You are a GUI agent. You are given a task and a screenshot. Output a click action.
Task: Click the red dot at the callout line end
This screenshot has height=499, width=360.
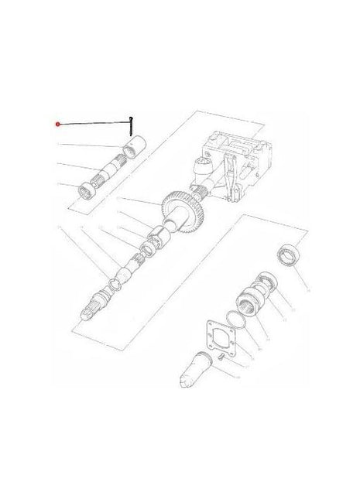click(x=58, y=124)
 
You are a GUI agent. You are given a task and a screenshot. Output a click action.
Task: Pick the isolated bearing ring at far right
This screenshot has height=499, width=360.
click(x=288, y=255)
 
